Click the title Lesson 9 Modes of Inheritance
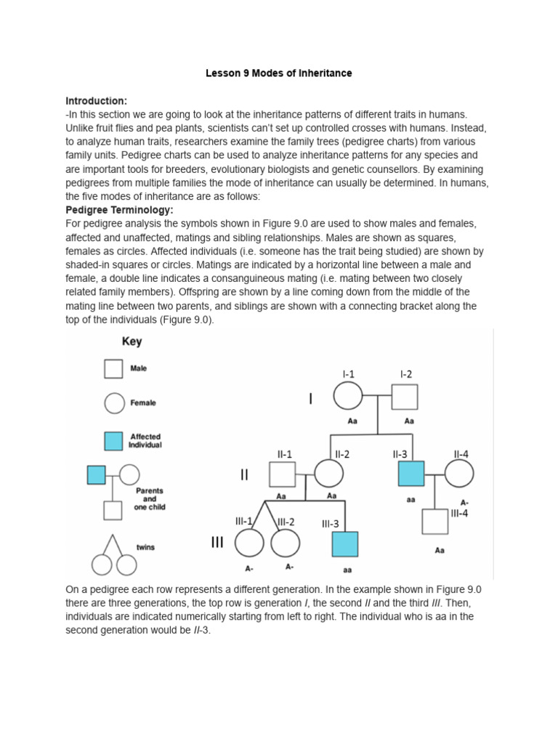pos(278,73)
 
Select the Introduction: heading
pos(97,100)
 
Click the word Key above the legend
pos(132,341)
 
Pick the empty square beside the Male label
pos(113,369)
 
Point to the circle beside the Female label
pos(113,403)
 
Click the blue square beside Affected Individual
pos(113,441)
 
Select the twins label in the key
pos(145,547)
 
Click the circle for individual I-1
pos(348,397)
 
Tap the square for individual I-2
pos(405,397)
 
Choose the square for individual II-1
pos(282,475)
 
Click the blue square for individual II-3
pos(411,475)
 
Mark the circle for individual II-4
pos(459,475)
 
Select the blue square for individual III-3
pos(344,544)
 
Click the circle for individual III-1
pos(249,544)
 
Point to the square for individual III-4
pos(434,522)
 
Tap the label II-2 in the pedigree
pos(342,454)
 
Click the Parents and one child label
pos(150,499)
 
